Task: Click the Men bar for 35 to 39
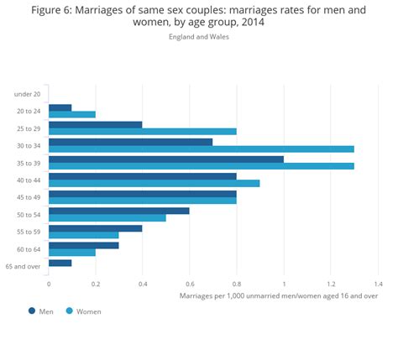166,159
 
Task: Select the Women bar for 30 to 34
202,149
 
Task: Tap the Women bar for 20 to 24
72,114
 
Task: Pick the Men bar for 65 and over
60,263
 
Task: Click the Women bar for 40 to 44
154,183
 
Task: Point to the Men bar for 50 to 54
119,211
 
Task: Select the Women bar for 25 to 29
143,131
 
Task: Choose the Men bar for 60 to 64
84,245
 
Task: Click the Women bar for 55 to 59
84,235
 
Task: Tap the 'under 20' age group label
29,94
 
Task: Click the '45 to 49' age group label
29,197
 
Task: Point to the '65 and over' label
24,266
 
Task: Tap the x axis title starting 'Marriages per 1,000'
279,295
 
